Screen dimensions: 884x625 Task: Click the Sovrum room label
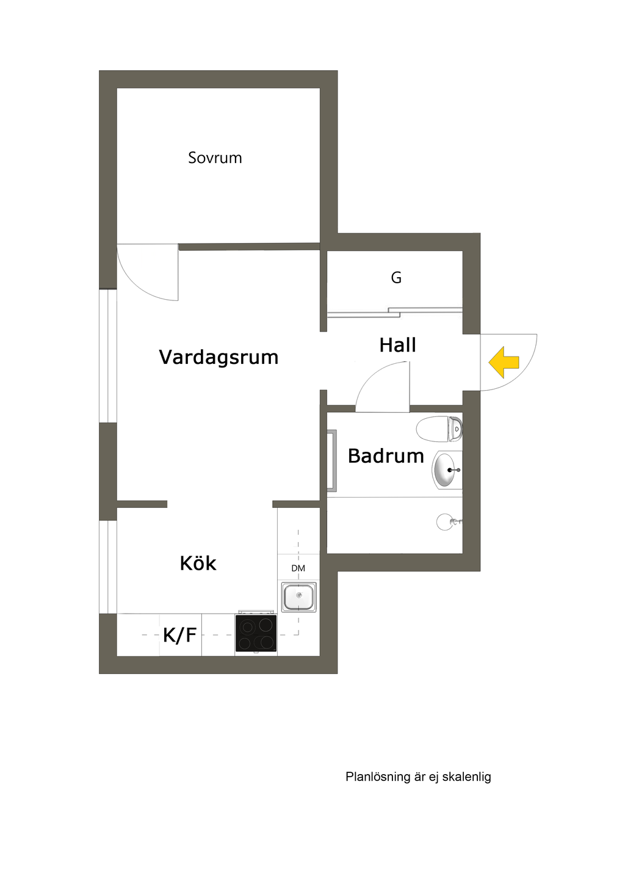coord(215,158)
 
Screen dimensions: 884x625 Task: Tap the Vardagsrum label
coord(219,357)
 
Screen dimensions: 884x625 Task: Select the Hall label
coord(397,345)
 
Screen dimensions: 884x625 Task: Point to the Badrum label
coord(386,456)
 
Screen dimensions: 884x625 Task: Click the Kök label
coord(198,563)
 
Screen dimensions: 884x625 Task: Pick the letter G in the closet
coord(396,278)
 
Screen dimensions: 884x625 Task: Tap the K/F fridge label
coord(179,635)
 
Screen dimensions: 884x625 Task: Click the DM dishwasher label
coord(298,568)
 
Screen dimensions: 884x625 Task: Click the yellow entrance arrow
coord(504,362)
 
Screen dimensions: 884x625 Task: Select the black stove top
coord(256,634)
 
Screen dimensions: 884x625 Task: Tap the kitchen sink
coord(299,596)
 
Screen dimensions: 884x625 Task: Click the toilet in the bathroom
coord(438,429)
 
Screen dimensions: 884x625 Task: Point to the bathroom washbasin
coord(446,470)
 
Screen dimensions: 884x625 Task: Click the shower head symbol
coord(446,522)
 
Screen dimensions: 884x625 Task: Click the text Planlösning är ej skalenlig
coord(418,777)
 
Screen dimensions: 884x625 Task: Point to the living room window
coord(108,355)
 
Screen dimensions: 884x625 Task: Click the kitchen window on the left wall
coord(108,567)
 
